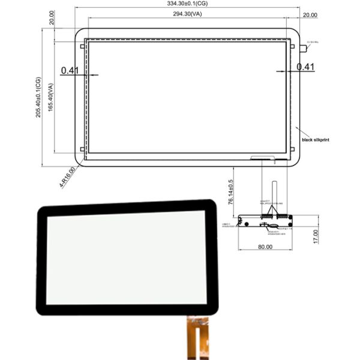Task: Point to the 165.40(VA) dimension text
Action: click(x=52, y=97)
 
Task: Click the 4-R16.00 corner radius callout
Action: click(x=67, y=177)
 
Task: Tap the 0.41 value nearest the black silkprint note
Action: click(x=306, y=67)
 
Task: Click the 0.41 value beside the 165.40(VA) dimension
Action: click(x=70, y=71)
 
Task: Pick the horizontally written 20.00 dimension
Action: click(x=311, y=14)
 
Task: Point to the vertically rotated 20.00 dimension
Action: click(x=53, y=17)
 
